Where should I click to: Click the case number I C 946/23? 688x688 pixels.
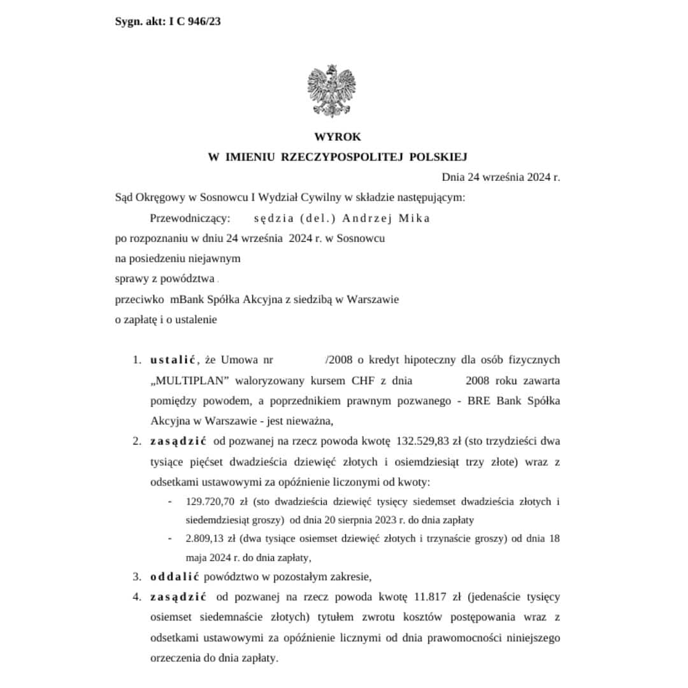[x=194, y=22]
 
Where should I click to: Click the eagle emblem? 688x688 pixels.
[x=331, y=90]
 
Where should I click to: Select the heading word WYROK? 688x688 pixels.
[x=337, y=137]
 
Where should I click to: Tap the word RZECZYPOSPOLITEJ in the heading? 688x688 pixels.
[x=343, y=157]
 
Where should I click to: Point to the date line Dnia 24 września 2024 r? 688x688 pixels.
[x=501, y=177]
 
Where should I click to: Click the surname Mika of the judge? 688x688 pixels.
[x=415, y=218]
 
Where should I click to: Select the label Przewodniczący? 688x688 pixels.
[x=189, y=218]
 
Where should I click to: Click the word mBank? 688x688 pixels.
[x=185, y=299]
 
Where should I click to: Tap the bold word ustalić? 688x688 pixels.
[x=173, y=360]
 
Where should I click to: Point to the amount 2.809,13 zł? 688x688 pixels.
[x=210, y=538]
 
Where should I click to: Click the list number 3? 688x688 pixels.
[x=137, y=577]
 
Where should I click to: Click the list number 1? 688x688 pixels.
[x=137, y=360]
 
